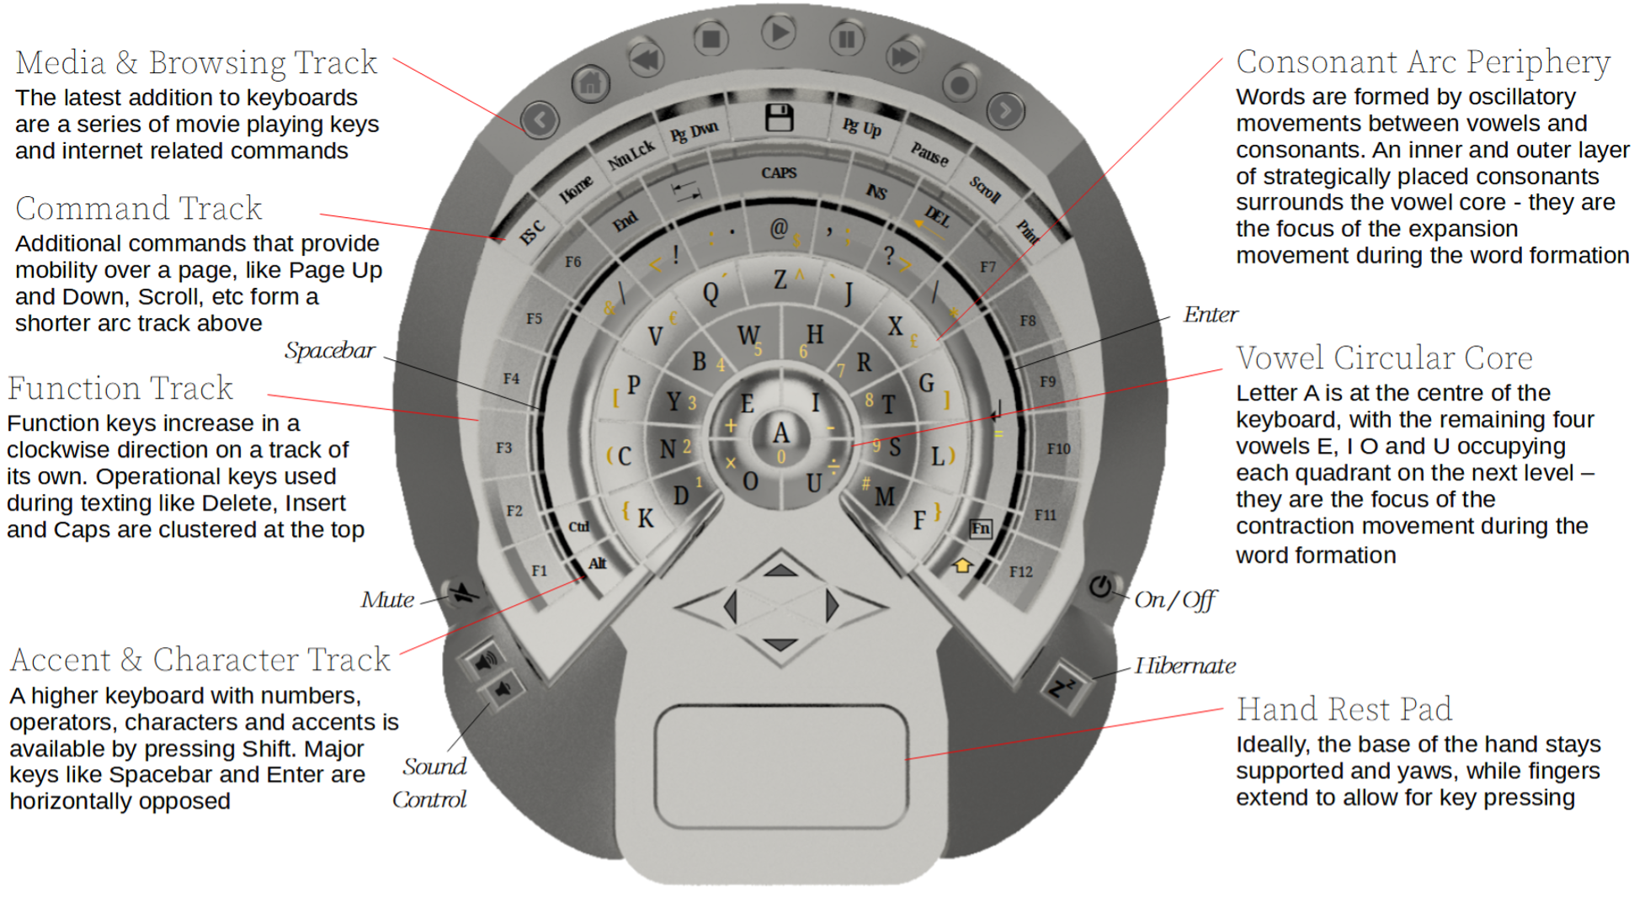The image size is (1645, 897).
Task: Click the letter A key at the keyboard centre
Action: coord(781,433)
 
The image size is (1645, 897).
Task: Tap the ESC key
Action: coord(533,231)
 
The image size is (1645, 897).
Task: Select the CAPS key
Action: coord(779,173)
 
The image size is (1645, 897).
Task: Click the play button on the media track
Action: coord(779,34)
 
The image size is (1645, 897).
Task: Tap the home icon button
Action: coord(591,83)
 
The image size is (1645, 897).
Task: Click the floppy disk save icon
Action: coord(779,118)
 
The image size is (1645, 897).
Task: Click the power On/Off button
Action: coord(1100,586)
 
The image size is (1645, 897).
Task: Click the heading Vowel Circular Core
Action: coord(1383,358)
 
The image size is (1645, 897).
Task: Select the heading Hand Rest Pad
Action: coord(1344,709)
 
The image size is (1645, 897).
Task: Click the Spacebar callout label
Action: coord(329,351)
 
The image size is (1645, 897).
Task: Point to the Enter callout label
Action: coord(1210,315)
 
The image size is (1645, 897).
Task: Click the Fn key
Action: coord(980,528)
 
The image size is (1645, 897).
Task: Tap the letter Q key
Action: coord(711,293)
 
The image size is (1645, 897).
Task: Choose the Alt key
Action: coord(597,564)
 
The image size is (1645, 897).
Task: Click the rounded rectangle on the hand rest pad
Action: coord(780,767)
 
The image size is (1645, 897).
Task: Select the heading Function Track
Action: coord(120,389)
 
